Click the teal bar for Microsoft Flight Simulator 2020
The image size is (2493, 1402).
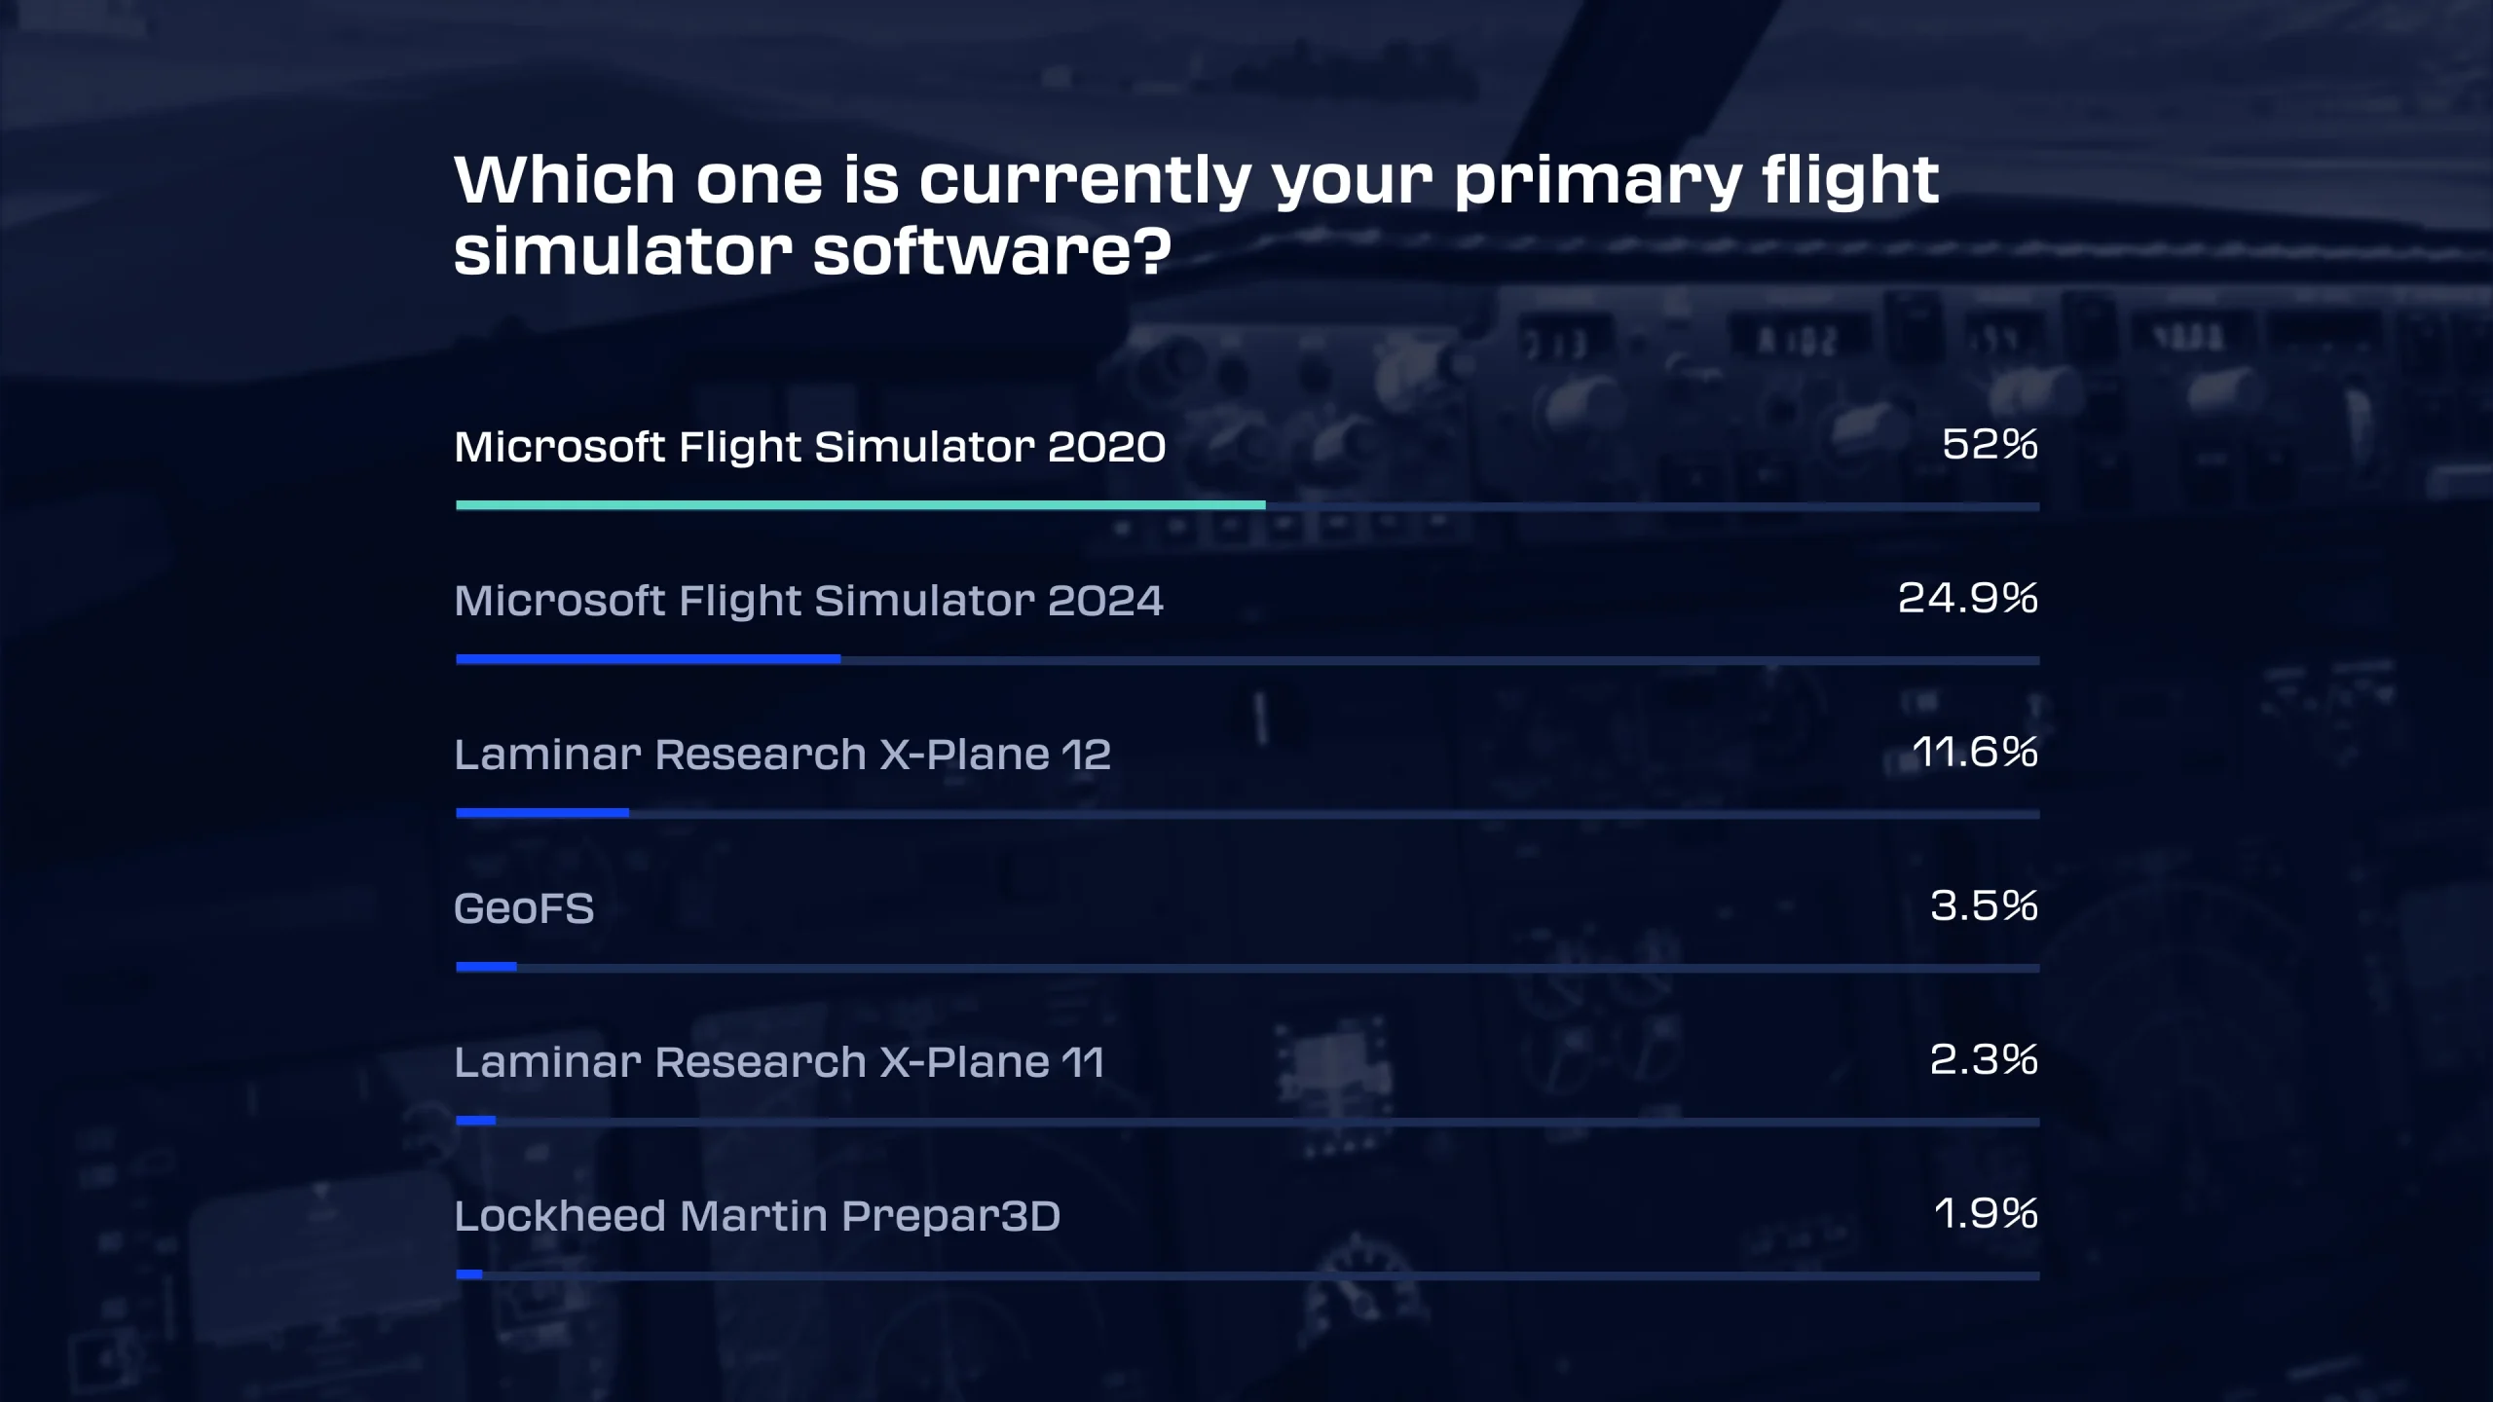pyautogui.click(x=860, y=505)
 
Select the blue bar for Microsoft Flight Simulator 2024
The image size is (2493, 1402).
pyautogui.click(x=648, y=659)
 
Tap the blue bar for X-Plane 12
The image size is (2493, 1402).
pyautogui.click(x=542, y=813)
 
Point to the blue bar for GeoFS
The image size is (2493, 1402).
pyautogui.click(x=486, y=967)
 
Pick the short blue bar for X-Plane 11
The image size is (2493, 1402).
pyautogui.click(x=476, y=1121)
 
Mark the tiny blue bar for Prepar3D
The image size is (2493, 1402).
pyautogui.click(x=469, y=1274)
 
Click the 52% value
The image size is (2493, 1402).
pyautogui.click(x=1990, y=445)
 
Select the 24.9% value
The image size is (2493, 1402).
pyautogui.click(x=1967, y=599)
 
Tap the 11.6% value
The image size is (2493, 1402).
pyautogui.click(x=1975, y=753)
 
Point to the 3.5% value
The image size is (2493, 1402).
pyautogui.click(x=1984, y=906)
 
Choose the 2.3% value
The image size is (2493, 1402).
pyautogui.click(x=1984, y=1060)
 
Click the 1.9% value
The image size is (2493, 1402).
pyautogui.click(x=1986, y=1214)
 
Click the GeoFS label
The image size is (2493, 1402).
pyautogui.click(x=524, y=909)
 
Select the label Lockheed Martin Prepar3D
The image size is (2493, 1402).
pyautogui.click(x=757, y=1216)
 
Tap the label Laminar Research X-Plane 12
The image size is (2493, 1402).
pyautogui.click(x=782, y=755)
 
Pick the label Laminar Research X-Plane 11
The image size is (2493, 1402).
pyautogui.click(x=779, y=1062)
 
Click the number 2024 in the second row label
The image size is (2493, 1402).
pyautogui.click(x=1104, y=601)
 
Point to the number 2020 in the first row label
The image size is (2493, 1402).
pyautogui.click(x=1106, y=447)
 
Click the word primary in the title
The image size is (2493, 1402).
pyautogui.click(x=1597, y=182)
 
